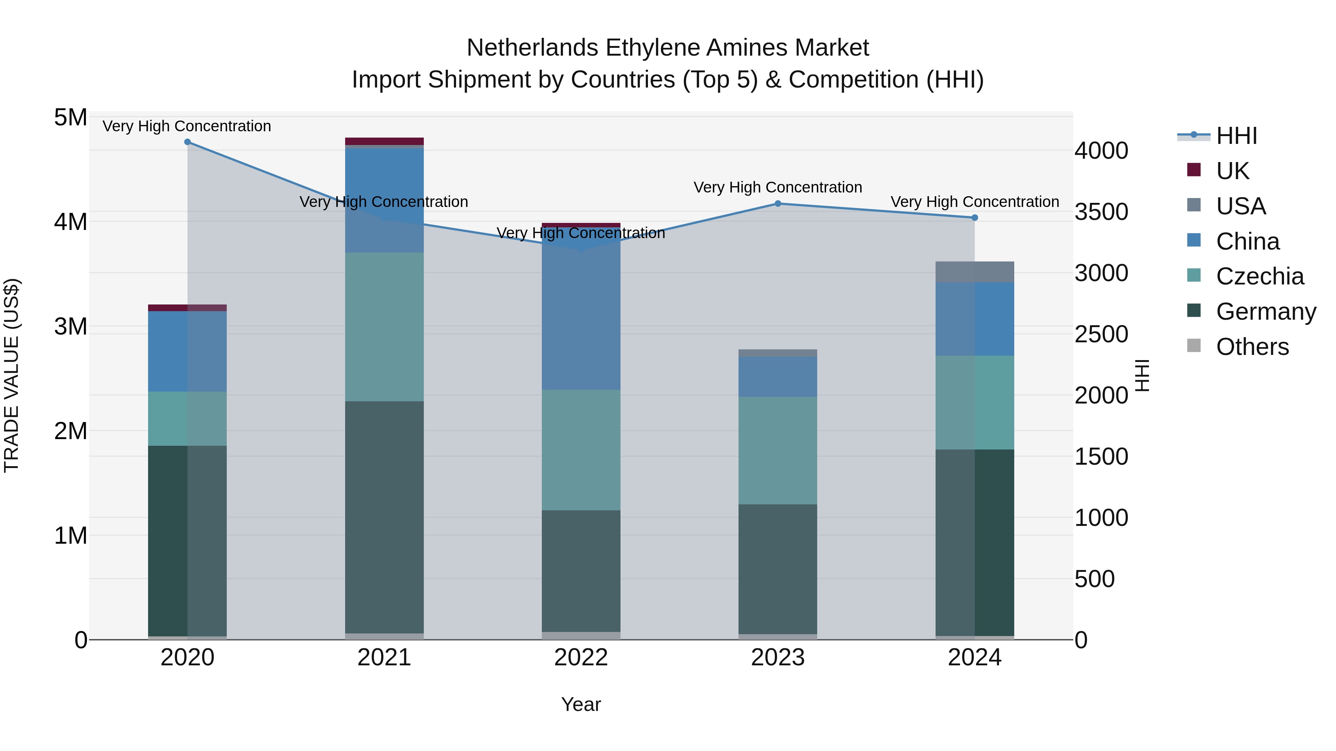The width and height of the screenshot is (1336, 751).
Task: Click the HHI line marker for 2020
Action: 187,142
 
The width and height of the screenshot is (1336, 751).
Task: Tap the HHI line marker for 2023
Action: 777,204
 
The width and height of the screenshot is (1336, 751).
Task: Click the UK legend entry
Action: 1232,171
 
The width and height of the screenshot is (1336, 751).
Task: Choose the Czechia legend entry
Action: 1259,276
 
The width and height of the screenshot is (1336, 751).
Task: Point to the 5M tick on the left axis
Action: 71,118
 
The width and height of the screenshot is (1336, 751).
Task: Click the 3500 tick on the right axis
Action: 1101,212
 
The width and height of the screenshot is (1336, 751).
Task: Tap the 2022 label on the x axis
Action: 581,658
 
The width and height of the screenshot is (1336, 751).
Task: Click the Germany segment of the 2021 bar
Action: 384,518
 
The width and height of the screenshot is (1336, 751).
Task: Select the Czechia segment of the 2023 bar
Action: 777,451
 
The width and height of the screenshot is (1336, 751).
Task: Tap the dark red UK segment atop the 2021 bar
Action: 384,141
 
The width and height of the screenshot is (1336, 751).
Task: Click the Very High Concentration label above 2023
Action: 777,187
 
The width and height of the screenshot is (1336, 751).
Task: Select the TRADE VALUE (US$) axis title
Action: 12,375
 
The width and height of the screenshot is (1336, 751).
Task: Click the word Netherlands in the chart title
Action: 533,48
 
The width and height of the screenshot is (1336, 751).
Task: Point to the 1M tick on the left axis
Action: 71,536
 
